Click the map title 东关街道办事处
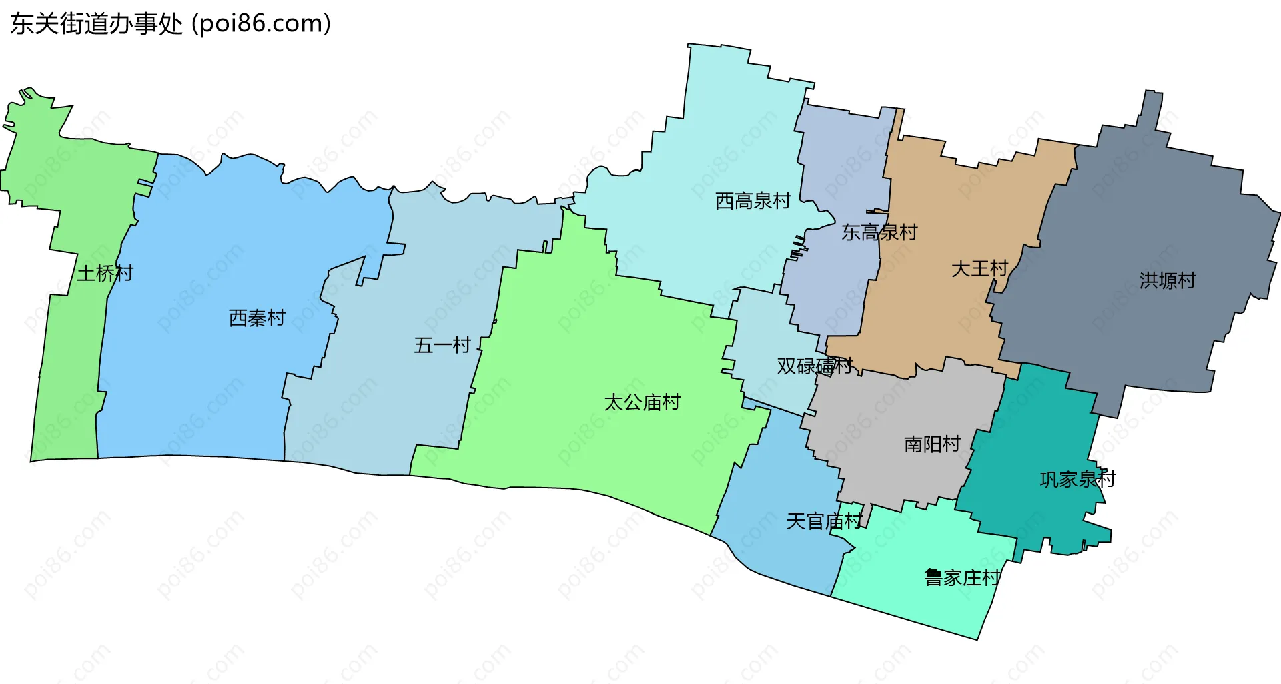pyautogui.click(x=96, y=24)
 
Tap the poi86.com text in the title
pyautogui.click(x=262, y=24)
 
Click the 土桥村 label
pyautogui.click(x=105, y=273)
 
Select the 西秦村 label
pyautogui.click(x=257, y=318)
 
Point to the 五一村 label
pyautogui.click(x=442, y=345)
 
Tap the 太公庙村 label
pyautogui.click(x=642, y=402)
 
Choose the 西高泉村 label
pyautogui.click(x=753, y=200)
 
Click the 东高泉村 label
pyautogui.click(x=879, y=232)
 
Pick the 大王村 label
pyautogui.click(x=979, y=268)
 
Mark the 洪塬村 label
pyautogui.click(x=1168, y=280)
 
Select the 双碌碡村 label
pyautogui.click(x=815, y=366)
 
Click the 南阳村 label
pyautogui.click(x=932, y=444)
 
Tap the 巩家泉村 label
pyautogui.click(x=1077, y=479)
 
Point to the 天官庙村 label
pyautogui.click(x=824, y=521)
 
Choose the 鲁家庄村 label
pyautogui.click(x=962, y=577)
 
